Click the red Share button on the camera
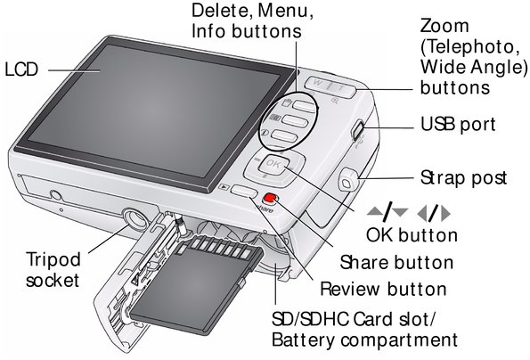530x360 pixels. [271, 199]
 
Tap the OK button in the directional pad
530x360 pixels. [273, 164]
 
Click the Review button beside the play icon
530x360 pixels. [244, 191]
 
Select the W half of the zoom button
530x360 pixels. [317, 83]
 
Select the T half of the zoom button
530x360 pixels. [342, 89]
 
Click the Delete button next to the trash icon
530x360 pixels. [304, 106]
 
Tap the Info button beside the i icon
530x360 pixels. [284, 136]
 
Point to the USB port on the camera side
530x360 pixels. [357, 130]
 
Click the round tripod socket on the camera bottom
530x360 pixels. [135, 219]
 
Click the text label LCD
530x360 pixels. [21, 70]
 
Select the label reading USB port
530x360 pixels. [458, 125]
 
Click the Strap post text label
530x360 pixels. [463, 177]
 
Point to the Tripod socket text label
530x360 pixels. [53, 270]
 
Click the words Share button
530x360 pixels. [396, 262]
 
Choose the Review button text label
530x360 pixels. [383, 289]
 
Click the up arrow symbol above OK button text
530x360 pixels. [375, 211]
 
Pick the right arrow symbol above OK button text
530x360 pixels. [446, 214]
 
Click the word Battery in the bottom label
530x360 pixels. [303, 340]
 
